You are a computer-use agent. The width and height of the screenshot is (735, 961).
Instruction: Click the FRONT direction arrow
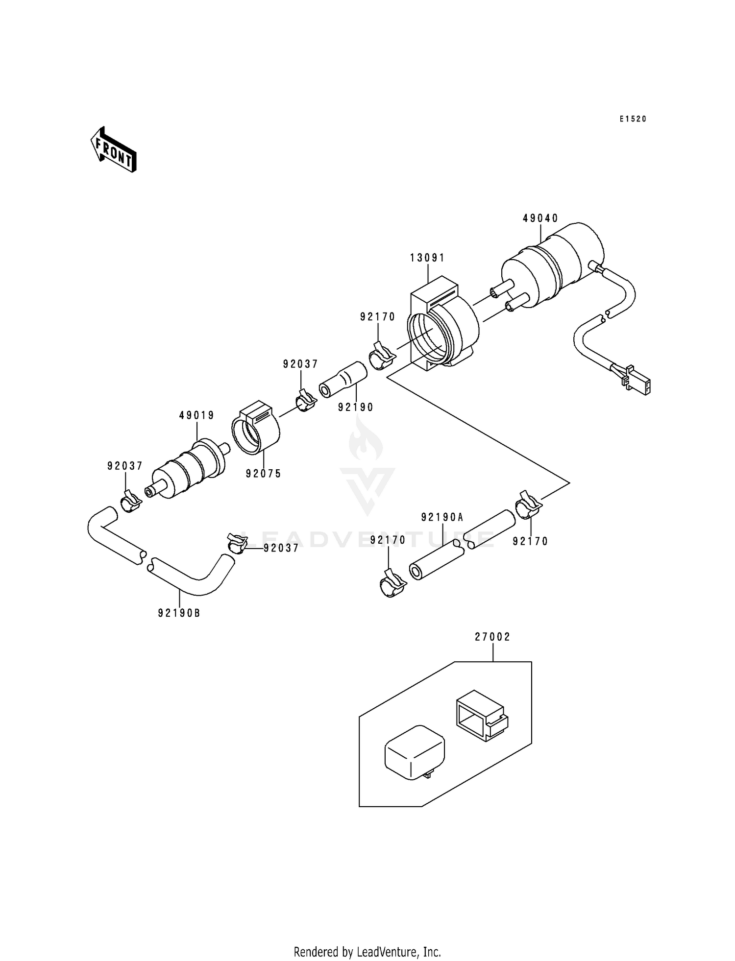(x=113, y=149)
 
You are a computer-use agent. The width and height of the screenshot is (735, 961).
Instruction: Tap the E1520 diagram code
(x=633, y=119)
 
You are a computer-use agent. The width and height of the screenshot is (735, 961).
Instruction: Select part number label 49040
(x=540, y=219)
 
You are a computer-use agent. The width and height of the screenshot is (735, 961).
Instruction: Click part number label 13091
(x=427, y=258)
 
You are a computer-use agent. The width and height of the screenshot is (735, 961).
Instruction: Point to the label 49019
(x=196, y=416)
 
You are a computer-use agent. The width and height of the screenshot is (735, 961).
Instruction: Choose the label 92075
(x=264, y=474)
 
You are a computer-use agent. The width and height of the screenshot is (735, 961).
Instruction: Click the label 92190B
(x=179, y=613)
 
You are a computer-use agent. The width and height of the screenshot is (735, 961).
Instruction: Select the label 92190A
(x=442, y=517)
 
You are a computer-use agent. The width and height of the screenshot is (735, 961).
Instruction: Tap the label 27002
(x=492, y=637)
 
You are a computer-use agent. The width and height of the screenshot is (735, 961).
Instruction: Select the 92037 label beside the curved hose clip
(x=281, y=549)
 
